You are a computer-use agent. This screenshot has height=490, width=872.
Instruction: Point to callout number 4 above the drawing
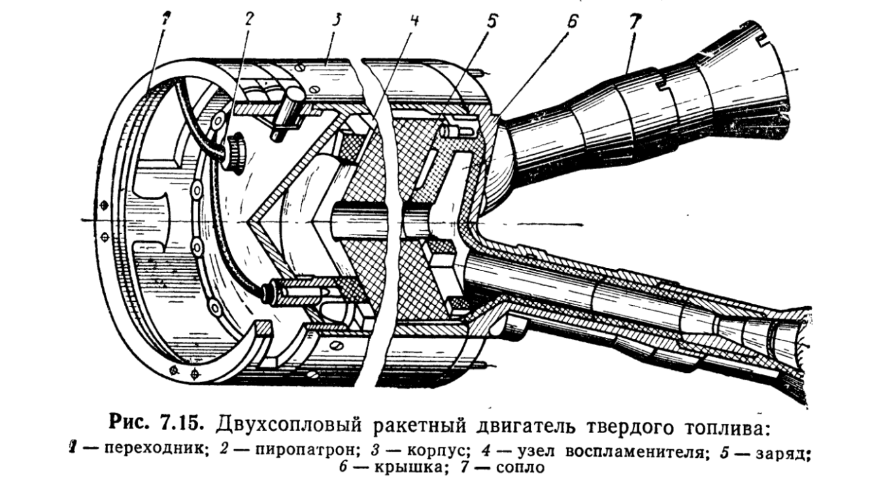[414, 19]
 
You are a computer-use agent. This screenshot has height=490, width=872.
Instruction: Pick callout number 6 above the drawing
[571, 20]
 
